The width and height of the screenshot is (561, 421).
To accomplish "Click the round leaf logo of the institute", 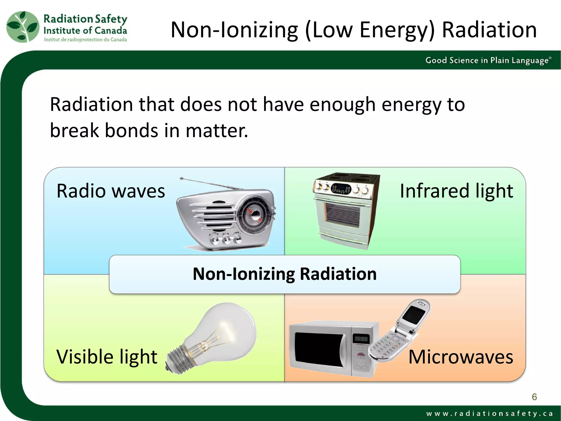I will pos(23,27).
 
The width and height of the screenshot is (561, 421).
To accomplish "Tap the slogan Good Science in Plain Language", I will pos(488,60).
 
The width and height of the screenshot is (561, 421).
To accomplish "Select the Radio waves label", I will pos(111,191).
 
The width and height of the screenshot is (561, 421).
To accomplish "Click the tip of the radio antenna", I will pos(181,178).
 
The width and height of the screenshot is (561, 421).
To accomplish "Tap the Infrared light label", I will pos(456,191).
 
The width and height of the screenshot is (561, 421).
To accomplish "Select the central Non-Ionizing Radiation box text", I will pos(285,274).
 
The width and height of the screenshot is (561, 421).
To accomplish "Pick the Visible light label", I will pos(107,357).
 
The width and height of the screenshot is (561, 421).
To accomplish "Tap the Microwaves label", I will pos(460,357).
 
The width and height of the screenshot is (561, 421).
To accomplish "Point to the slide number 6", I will pos(534,397).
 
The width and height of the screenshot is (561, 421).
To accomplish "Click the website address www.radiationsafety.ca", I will pos(489,413).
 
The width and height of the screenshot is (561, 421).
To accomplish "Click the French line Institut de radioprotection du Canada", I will pos(85,40).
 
